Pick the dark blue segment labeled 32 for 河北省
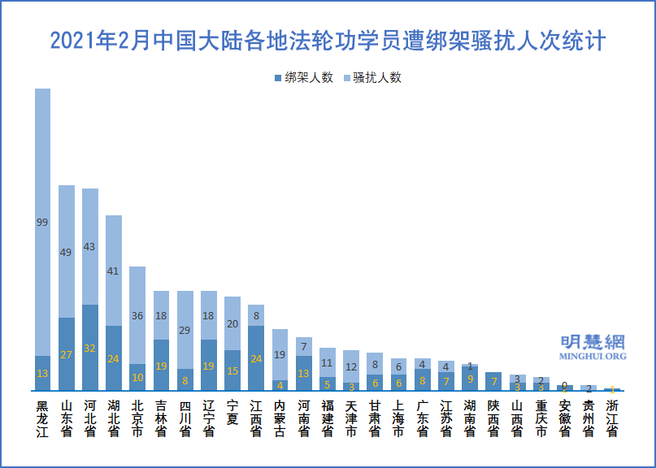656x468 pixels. (90, 348)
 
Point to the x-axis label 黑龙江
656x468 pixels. (42, 418)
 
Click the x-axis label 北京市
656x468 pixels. (137, 418)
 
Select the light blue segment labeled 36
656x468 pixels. (137, 315)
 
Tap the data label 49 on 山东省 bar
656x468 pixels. (67, 253)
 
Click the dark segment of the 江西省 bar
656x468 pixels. (256, 358)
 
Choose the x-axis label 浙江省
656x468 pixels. (612, 418)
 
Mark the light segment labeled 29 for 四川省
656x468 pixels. (185, 330)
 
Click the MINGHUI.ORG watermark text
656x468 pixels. (593, 356)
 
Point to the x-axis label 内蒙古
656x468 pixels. (280, 418)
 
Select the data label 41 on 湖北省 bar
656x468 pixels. (114, 271)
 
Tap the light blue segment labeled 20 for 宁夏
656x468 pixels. (232, 323)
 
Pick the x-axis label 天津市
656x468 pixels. (351, 418)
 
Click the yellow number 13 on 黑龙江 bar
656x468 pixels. (42, 373)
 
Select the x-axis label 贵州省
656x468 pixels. (589, 418)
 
